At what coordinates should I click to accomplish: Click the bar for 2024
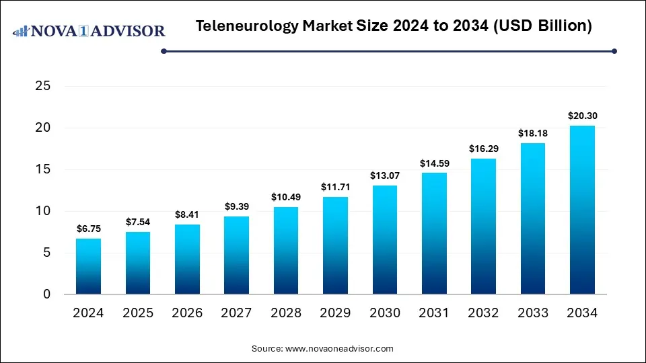(89, 266)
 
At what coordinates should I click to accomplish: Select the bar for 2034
(581, 210)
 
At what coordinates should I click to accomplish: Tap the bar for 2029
(335, 245)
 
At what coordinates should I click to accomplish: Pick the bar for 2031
(434, 233)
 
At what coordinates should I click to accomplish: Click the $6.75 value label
(89, 229)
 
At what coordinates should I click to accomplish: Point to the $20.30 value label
(581, 116)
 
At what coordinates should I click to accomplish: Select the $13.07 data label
(384, 175)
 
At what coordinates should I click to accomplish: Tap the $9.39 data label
(237, 206)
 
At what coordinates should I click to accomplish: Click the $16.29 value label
(483, 149)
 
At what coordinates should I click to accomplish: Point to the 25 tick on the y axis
(43, 86)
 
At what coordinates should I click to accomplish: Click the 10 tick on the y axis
(43, 211)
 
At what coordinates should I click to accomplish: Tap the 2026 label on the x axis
(187, 313)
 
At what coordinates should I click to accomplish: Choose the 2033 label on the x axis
(532, 313)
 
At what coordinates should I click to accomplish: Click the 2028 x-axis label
(286, 313)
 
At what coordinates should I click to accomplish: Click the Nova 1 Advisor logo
(89, 31)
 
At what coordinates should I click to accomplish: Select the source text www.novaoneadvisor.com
(339, 349)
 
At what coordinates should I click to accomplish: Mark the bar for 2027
(237, 255)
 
